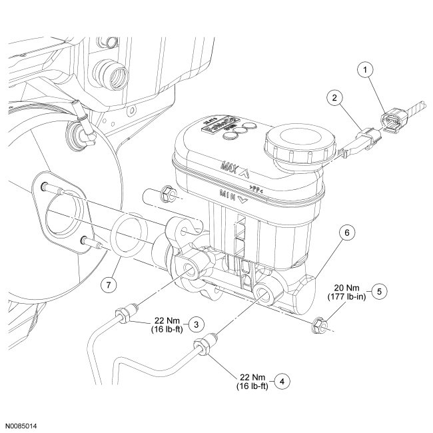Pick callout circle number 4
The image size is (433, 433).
click(284, 381)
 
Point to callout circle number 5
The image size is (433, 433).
click(379, 290)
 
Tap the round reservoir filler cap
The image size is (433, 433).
click(294, 144)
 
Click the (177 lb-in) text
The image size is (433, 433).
click(345, 296)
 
